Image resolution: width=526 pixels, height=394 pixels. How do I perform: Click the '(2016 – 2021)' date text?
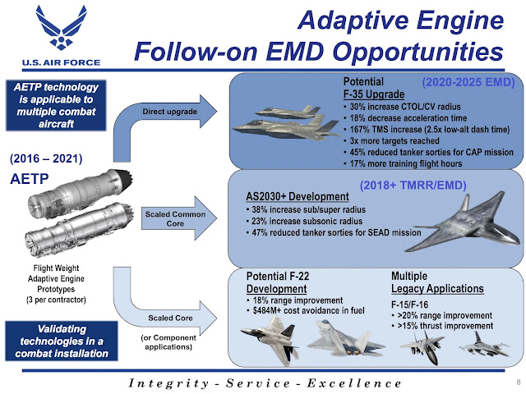coord(44,156)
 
